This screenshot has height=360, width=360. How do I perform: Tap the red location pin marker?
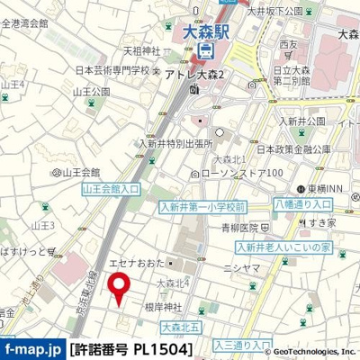(x=118, y=288)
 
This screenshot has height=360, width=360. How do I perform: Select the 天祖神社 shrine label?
(x=140, y=50)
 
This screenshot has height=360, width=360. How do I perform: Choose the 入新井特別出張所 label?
(x=175, y=141)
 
